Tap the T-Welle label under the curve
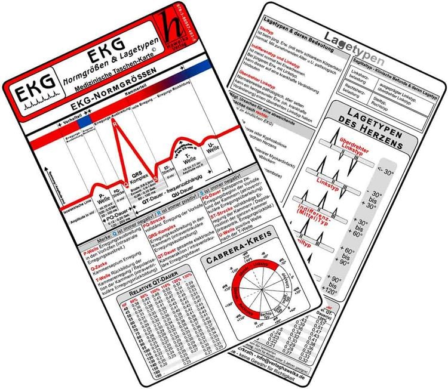tap(187, 161)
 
